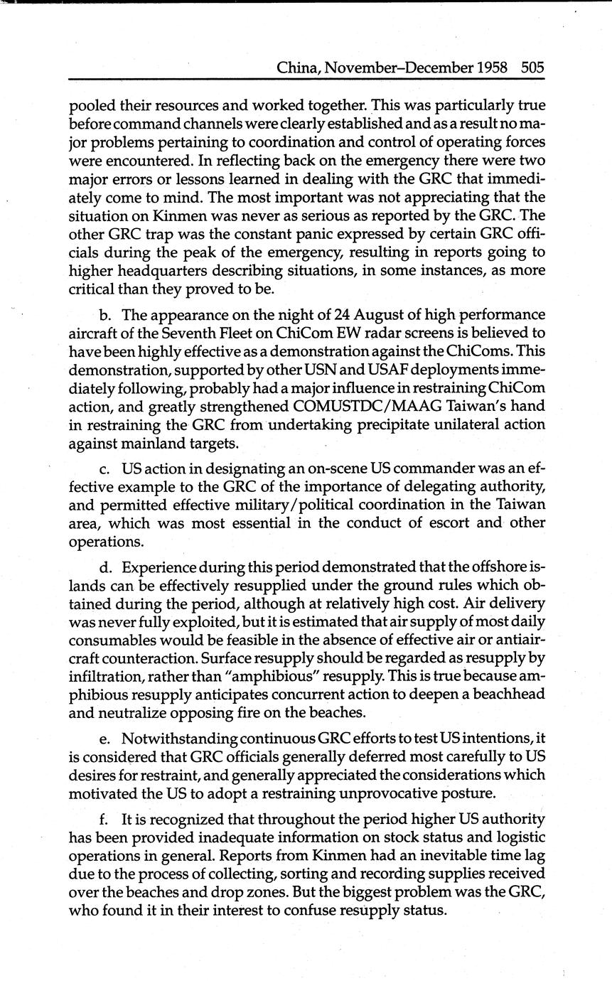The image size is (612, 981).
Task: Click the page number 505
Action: coord(532,68)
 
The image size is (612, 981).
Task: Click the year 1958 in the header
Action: coord(492,68)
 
